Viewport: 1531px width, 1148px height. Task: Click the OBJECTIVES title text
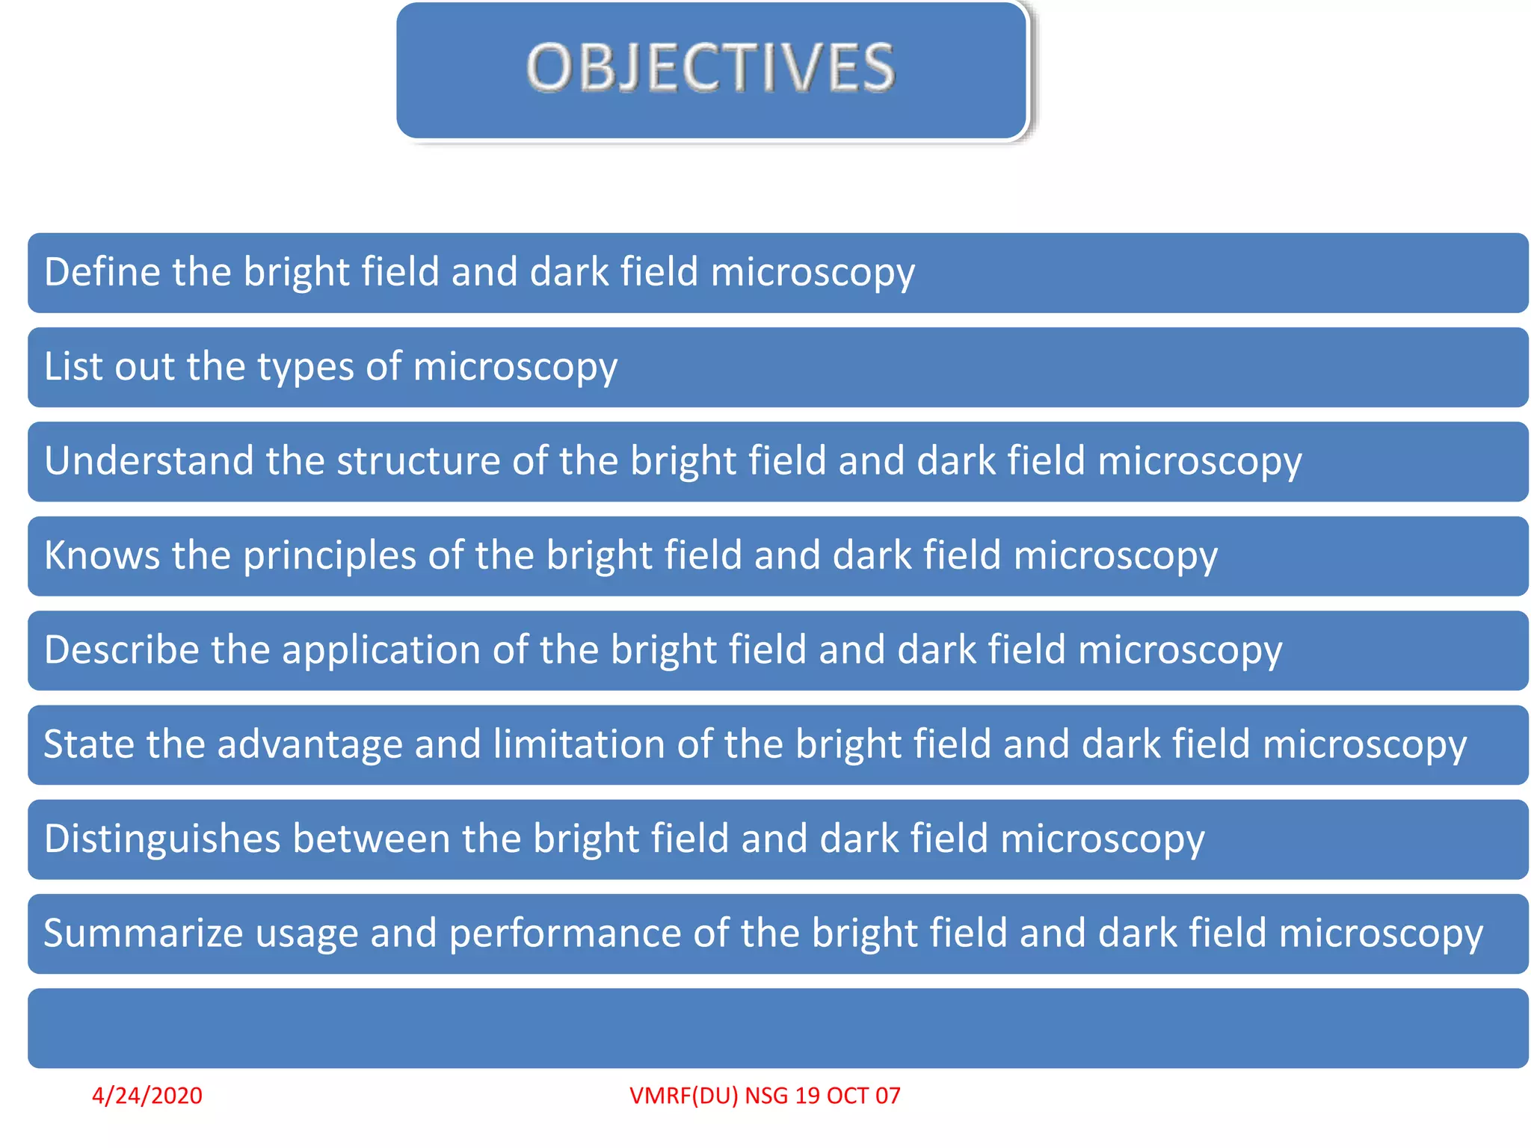(x=710, y=68)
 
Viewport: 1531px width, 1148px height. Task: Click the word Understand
(x=148, y=460)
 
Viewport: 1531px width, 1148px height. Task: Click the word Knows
(x=102, y=555)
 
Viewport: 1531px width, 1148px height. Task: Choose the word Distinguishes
(x=161, y=839)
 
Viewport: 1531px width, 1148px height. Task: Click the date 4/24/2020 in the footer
(x=147, y=1096)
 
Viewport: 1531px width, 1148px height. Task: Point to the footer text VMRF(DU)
(x=684, y=1096)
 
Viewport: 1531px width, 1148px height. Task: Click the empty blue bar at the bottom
(x=777, y=1028)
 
